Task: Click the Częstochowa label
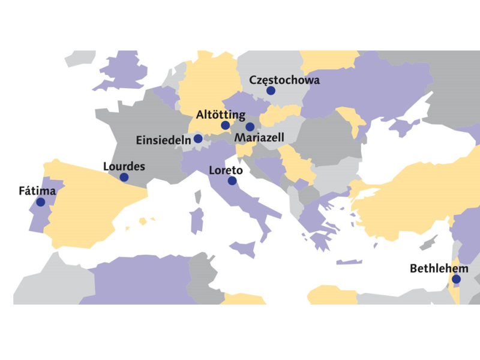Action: pos(284,80)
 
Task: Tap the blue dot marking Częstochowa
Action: pos(271,91)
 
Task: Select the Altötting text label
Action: pos(221,114)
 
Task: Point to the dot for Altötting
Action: pos(225,125)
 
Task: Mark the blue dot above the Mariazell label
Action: pos(250,127)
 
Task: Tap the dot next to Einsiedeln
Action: pos(198,139)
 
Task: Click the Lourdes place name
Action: pos(124,166)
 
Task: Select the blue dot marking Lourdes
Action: pos(124,177)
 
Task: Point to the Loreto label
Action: pos(226,170)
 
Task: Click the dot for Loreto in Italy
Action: pos(232,180)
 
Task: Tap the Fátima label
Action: pos(37,191)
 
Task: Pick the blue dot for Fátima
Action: pos(40,202)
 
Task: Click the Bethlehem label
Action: pos(439,268)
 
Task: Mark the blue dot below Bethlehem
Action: pos(456,279)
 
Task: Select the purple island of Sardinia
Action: pos(196,220)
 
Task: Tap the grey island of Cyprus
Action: pos(427,244)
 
